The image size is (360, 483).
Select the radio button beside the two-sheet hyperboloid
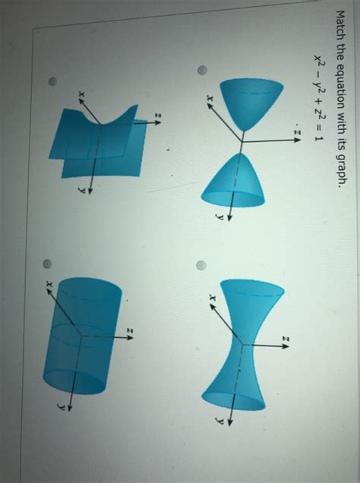(202, 71)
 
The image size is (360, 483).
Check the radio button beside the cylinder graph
(47, 264)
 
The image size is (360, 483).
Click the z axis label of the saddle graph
(158, 115)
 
